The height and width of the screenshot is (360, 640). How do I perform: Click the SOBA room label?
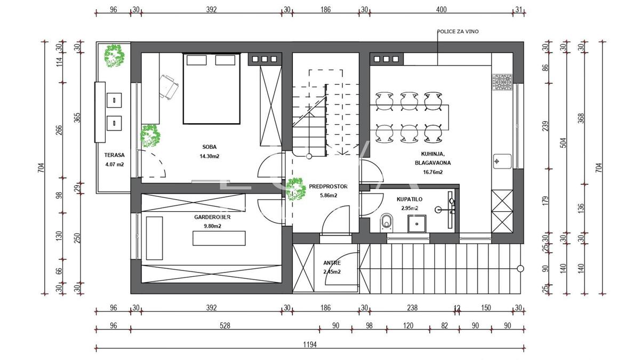click(x=210, y=147)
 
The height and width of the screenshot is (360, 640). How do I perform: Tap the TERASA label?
click(x=114, y=155)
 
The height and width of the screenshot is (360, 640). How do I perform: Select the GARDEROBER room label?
click(x=212, y=217)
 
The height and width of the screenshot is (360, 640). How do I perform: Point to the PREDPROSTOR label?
click(x=329, y=187)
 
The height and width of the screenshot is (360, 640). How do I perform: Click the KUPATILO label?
click(x=410, y=199)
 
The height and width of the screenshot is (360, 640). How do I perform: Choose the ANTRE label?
click(x=332, y=263)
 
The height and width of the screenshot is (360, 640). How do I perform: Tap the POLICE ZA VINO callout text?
click(x=458, y=31)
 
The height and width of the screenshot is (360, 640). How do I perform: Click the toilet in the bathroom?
click(x=387, y=222)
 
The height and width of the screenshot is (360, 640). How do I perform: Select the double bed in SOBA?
click(x=211, y=89)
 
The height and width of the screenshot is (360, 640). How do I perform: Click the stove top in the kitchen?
click(x=502, y=82)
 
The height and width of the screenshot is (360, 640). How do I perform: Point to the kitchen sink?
click(x=502, y=162)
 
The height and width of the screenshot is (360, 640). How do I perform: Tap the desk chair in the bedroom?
click(x=169, y=87)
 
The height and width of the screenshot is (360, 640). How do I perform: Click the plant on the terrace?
click(x=114, y=55)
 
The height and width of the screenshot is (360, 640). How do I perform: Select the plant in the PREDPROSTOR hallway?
click(x=296, y=189)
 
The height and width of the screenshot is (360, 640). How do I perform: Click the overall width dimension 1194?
click(x=310, y=345)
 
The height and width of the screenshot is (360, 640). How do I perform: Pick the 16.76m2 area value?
click(x=433, y=172)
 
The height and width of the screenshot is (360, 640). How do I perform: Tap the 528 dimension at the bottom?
click(x=225, y=326)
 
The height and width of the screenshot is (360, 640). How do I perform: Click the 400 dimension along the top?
click(x=441, y=10)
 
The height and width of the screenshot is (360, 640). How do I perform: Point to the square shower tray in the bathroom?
click(x=417, y=223)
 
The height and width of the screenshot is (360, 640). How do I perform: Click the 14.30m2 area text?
click(x=210, y=156)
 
